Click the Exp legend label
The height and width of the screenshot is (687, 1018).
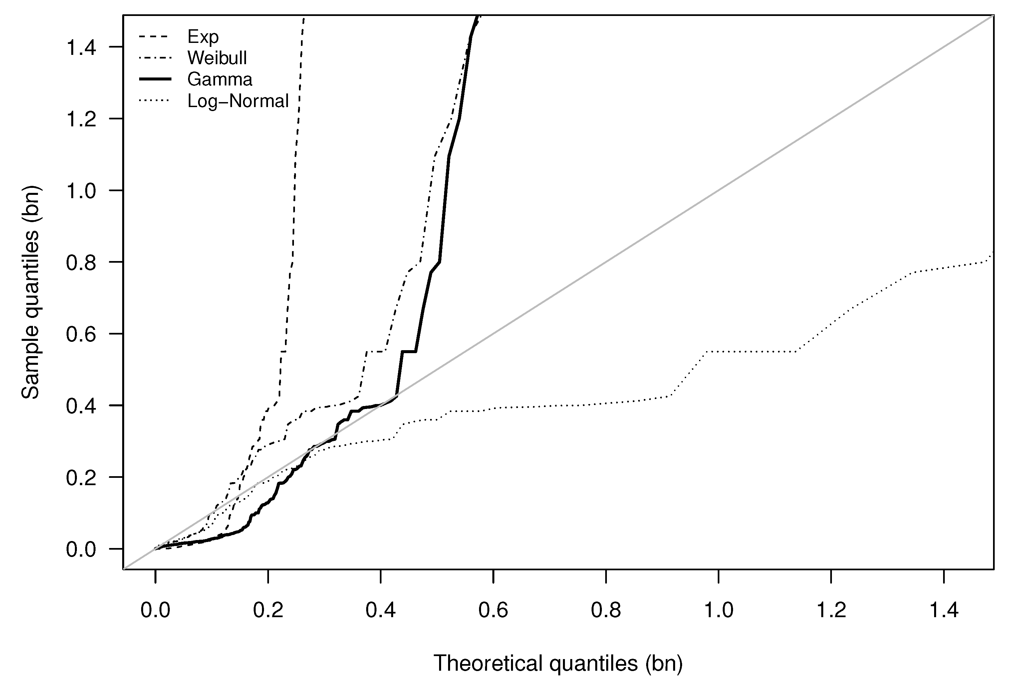(x=203, y=37)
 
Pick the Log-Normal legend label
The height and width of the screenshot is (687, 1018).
(x=238, y=101)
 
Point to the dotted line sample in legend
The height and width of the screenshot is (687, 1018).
(x=154, y=101)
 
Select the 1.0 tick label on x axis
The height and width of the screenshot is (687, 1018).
(x=718, y=610)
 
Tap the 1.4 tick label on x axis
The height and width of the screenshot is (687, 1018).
(x=943, y=610)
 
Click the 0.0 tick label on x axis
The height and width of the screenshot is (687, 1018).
(x=155, y=610)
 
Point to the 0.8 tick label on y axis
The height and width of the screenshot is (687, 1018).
(x=81, y=263)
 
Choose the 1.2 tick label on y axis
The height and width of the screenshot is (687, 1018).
(x=81, y=119)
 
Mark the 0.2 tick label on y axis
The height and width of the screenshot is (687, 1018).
(x=81, y=478)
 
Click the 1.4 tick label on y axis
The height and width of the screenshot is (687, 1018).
(x=81, y=47)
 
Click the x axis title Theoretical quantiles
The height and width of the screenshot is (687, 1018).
(x=558, y=663)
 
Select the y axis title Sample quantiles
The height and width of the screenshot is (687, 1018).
(x=31, y=292)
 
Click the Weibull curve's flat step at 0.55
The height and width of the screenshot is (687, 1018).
(x=376, y=351)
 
